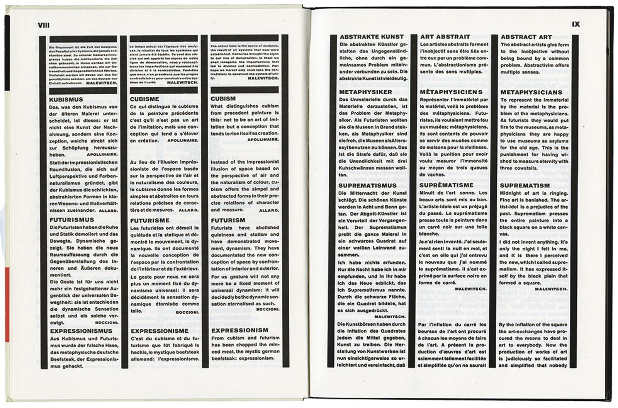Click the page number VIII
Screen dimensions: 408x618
pyautogui.click(x=44, y=25)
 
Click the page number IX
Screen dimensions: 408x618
pyautogui.click(x=576, y=24)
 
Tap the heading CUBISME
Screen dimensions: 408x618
pyautogui.click(x=144, y=99)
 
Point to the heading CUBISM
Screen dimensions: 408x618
pyautogui.click(x=223, y=99)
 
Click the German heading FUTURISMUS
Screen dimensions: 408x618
pyautogui.click(x=72, y=220)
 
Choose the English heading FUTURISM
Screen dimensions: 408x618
pyautogui.click(x=228, y=220)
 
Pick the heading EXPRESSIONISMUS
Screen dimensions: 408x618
pyautogui.click(x=81, y=331)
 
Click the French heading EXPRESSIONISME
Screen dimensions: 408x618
pyautogui.click(x=160, y=331)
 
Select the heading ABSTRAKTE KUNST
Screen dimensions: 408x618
pyautogui.click(x=372, y=37)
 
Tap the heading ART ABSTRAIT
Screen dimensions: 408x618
pyautogui.click(x=445, y=37)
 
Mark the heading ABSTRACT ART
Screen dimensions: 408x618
pyautogui.click(x=526, y=37)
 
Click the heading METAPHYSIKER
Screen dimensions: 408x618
pyautogui.click(x=365, y=92)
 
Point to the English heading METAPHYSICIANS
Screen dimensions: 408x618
pyautogui.click(x=531, y=93)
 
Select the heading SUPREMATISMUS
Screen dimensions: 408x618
pyautogui.click(x=367, y=186)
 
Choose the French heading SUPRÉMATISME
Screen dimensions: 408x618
pyautogui.click(x=446, y=185)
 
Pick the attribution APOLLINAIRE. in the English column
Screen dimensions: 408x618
pyautogui.click(x=263, y=139)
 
